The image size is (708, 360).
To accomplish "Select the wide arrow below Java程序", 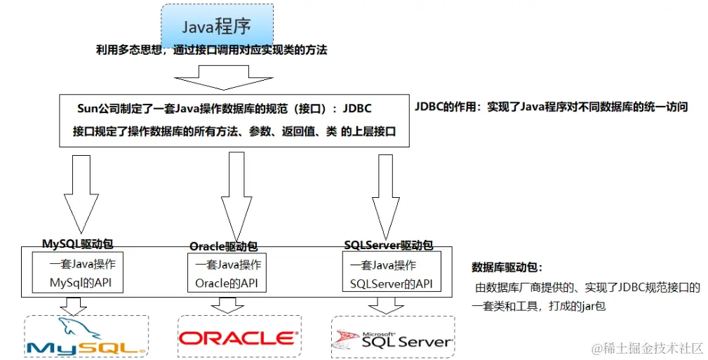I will [x=221, y=76].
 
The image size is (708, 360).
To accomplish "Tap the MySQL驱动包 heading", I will [x=77, y=244].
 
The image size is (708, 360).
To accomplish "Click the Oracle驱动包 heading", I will [x=223, y=246].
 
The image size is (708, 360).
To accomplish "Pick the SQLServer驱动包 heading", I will [x=388, y=245].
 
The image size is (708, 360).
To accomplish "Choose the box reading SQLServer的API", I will [x=391, y=274].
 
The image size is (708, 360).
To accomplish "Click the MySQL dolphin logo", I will [x=86, y=336].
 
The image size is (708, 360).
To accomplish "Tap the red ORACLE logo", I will [x=236, y=338].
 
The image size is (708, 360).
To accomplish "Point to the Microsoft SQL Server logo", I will [x=393, y=338].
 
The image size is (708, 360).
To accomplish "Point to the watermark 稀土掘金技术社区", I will [x=646, y=347].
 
